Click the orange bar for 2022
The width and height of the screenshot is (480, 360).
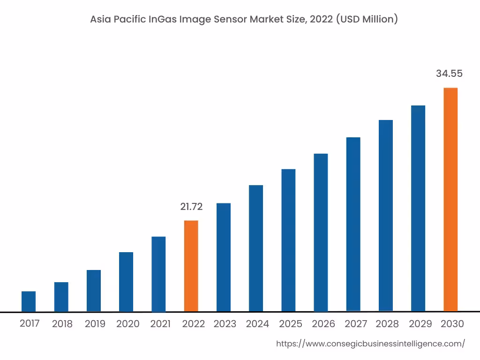point(191,266)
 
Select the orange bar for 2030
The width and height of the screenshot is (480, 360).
point(450,199)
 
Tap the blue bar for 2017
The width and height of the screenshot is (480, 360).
point(29,301)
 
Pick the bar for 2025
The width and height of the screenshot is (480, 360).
point(288,240)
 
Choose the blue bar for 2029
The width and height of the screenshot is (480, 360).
point(418,208)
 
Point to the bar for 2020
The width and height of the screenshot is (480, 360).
point(126,282)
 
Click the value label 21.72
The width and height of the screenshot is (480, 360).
point(191,207)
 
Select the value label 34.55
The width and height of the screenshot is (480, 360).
point(449,74)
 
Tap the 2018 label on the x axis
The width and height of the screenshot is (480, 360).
point(62,324)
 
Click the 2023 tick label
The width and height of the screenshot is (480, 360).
point(225,324)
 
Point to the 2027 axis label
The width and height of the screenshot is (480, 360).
point(355,324)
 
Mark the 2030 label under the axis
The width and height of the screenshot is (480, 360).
point(452,324)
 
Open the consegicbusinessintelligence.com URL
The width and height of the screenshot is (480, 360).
point(370,344)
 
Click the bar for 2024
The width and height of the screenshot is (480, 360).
point(256,248)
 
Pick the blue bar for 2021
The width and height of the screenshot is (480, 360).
point(158,274)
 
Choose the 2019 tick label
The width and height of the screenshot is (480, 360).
point(95,324)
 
